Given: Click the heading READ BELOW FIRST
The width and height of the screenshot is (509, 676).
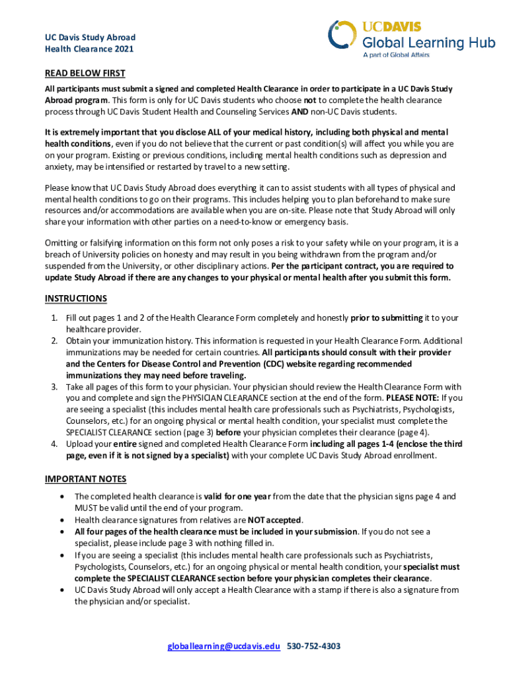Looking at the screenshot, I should tap(85, 73).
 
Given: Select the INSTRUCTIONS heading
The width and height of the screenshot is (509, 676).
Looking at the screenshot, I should tap(76, 298).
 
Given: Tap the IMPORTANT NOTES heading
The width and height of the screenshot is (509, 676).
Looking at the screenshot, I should tap(85, 479).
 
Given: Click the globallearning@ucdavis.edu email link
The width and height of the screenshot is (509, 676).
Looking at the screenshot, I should tap(224, 646).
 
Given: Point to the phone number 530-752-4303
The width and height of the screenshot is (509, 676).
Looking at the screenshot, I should tap(314, 646).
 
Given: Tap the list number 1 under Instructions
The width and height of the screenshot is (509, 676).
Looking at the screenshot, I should tap(54, 318).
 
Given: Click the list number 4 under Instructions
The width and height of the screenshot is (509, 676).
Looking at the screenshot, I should tap(54, 443).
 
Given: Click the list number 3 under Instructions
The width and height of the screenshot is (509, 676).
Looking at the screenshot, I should tap(54, 386).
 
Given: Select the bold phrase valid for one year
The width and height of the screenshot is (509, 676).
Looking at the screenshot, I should tap(233, 496).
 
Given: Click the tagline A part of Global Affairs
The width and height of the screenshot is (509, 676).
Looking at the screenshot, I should tap(396, 55).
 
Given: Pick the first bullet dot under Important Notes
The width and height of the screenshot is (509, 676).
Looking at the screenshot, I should tap(61, 496).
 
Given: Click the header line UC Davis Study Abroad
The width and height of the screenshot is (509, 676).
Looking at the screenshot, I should tap(90, 38).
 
